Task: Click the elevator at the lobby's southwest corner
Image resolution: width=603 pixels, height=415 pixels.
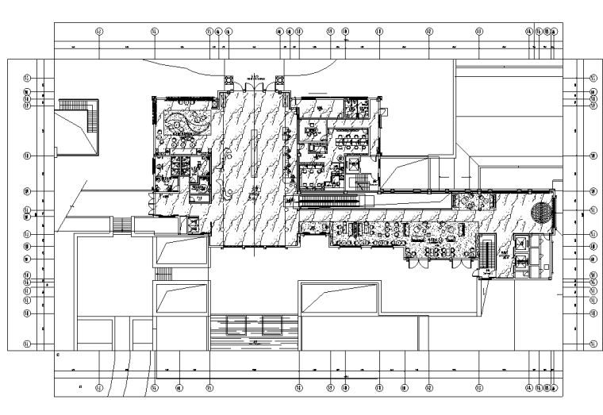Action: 190,224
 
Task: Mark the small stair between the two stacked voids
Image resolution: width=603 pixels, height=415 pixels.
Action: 164,274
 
